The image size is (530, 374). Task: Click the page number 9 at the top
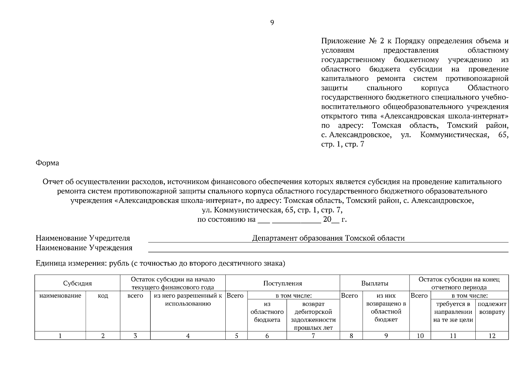(272, 22)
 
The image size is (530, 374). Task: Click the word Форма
(47, 163)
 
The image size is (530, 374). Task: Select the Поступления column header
(282, 283)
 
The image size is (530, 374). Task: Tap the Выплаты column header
(375, 283)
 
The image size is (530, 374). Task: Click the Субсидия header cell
(77, 283)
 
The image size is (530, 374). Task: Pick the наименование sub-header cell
(60, 296)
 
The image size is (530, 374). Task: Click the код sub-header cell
(103, 296)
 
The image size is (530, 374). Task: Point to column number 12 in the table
(492, 336)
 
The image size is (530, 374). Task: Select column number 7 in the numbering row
(313, 336)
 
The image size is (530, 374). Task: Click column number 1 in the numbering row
(60, 336)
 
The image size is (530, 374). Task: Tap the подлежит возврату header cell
(492, 308)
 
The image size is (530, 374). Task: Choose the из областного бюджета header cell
(267, 312)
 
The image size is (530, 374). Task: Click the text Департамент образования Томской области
(328, 238)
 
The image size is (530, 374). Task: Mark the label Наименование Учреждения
(84, 248)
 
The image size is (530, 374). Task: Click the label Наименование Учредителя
(83, 238)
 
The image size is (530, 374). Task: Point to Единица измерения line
(160, 264)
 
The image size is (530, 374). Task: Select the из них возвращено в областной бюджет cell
(386, 308)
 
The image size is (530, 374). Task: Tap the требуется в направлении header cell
(453, 312)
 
